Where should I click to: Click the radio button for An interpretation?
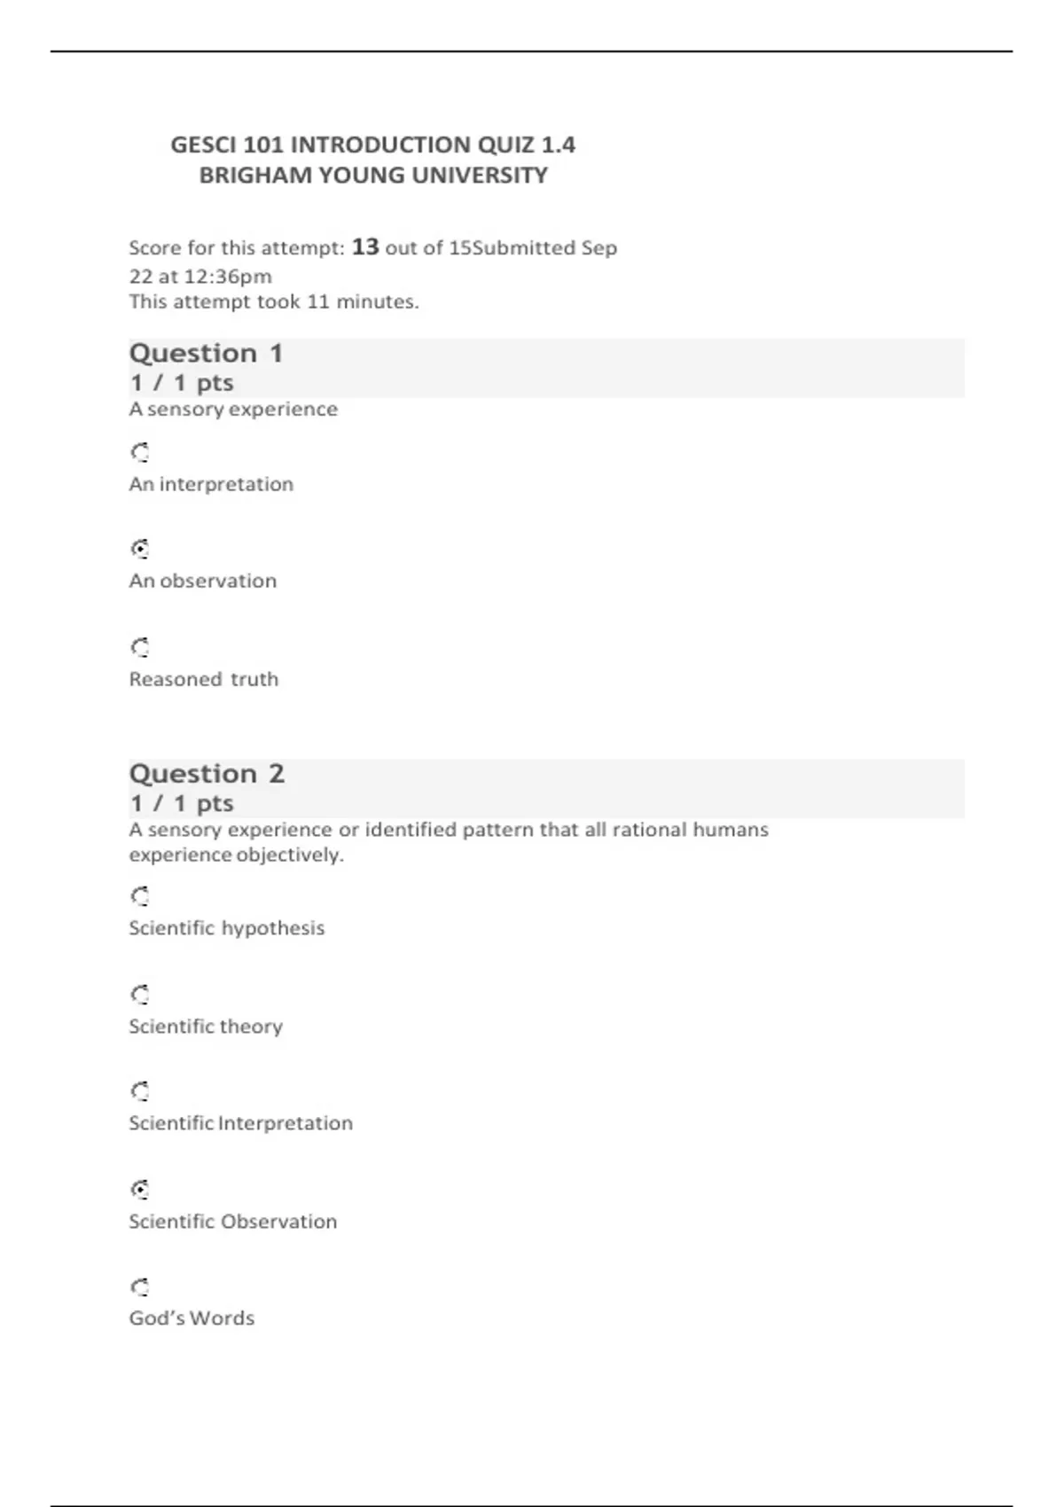click(x=140, y=453)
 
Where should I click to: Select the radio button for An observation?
click(x=140, y=550)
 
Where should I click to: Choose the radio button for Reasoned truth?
click(x=140, y=647)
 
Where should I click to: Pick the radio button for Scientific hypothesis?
click(x=140, y=896)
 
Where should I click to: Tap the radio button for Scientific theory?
click(x=140, y=995)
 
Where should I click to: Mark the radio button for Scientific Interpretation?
click(x=140, y=1091)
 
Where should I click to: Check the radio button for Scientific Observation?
click(x=140, y=1190)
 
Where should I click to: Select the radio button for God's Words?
click(x=140, y=1287)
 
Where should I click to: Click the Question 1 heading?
click(x=206, y=354)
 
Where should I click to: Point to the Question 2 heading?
click(x=207, y=774)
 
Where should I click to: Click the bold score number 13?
click(x=365, y=246)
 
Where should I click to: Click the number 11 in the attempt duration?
click(x=318, y=302)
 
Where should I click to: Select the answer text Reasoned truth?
click(x=204, y=680)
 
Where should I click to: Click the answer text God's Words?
click(x=192, y=1318)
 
